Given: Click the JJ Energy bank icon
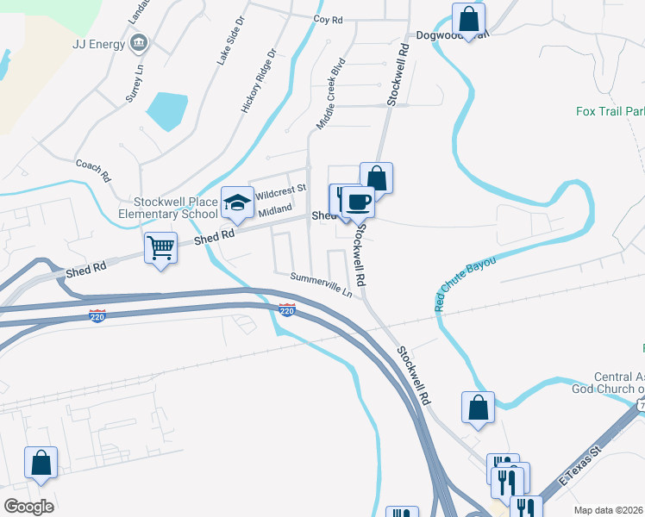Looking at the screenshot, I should click(139, 44).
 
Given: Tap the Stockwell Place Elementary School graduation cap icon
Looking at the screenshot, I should click(235, 202).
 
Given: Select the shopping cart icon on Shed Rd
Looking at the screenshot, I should click(160, 248).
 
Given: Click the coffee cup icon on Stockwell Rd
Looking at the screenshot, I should click(357, 202).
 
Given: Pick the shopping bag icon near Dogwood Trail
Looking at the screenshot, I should click(468, 18).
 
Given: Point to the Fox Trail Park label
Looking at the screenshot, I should click(611, 111).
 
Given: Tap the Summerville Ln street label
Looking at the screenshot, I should click(322, 286).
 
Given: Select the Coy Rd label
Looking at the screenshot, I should click(329, 18).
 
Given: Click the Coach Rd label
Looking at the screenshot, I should click(94, 170).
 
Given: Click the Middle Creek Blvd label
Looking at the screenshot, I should click(330, 94).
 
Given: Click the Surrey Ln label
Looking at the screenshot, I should click(134, 83).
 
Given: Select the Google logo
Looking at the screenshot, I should click(28, 506).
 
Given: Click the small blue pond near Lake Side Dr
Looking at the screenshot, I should click(166, 110).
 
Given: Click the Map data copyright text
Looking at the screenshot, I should click(609, 510).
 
